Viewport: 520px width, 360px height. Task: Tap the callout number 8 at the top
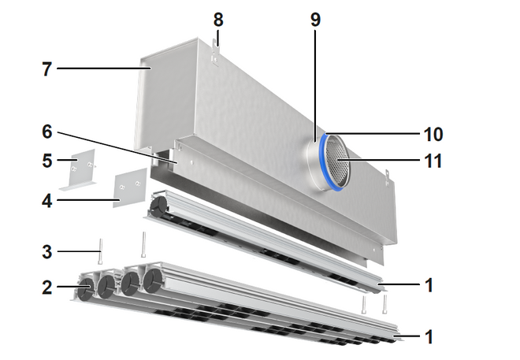point(218,16)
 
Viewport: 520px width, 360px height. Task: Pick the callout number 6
point(46,131)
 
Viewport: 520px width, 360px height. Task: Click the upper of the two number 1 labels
point(429,284)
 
